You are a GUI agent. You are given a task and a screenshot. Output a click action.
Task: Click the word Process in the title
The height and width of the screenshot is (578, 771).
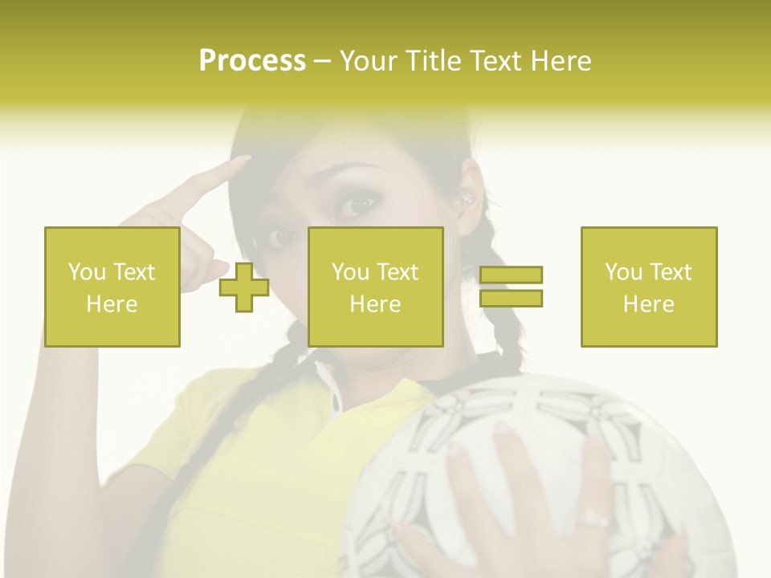(x=252, y=61)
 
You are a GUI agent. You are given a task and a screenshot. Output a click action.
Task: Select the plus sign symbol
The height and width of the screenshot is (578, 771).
(x=244, y=287)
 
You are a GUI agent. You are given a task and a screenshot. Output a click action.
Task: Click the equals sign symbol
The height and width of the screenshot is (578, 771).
(x=511, y=287)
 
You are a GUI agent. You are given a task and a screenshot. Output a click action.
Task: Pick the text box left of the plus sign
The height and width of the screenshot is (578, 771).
(x=112, y=287)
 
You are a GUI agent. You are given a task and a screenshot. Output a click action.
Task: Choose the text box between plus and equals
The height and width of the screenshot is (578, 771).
(x=375, y=287)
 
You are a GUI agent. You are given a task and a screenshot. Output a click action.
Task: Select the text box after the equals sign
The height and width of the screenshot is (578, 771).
(x=648, y=287)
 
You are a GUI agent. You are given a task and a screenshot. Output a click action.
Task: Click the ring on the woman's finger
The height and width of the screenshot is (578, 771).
(x=595, y=517)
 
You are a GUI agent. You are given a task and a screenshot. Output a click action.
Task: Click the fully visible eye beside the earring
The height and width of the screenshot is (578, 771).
(x=359, y=203)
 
